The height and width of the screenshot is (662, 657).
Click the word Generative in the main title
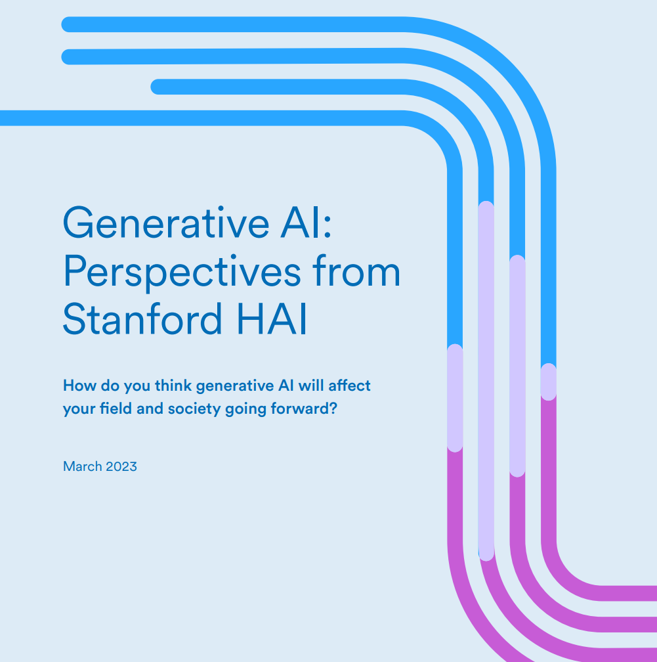tap(166, 223)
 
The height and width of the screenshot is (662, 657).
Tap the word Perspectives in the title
tap(182, 273)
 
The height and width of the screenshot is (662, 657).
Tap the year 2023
tap(121, 466)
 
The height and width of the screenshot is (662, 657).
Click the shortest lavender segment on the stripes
tap(549, 382)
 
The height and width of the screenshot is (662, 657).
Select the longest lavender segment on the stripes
tap(486, 381)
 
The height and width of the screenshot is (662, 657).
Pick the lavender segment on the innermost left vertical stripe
tap(455, 398)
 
